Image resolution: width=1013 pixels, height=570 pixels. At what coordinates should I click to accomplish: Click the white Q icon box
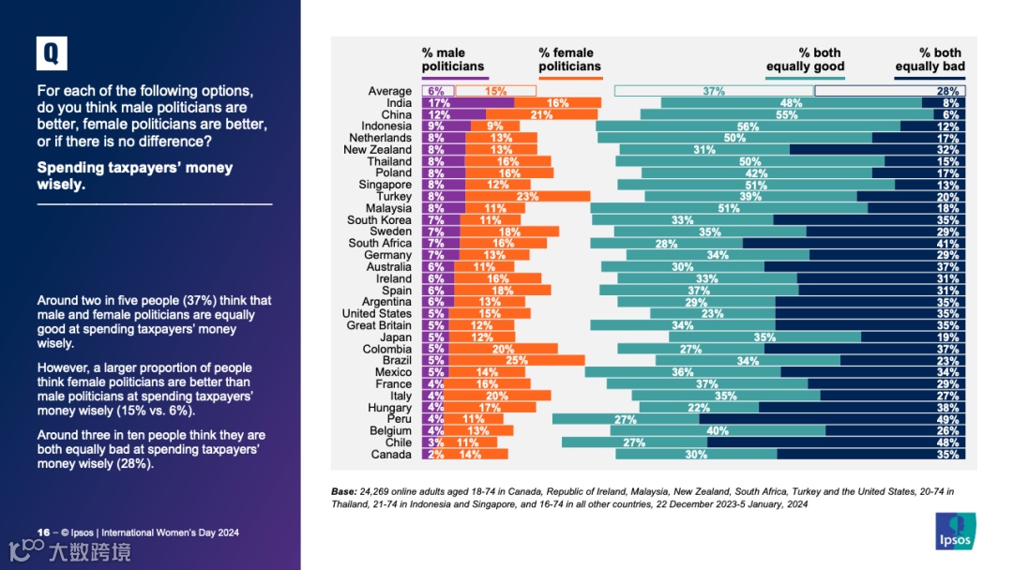tap(52, 54)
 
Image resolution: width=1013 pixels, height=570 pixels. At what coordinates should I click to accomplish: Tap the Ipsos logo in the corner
tap(955, 530)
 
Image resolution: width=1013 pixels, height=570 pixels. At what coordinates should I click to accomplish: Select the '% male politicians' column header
tap(452, 60)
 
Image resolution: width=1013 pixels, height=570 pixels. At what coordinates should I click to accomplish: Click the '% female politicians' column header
tap(569, 60)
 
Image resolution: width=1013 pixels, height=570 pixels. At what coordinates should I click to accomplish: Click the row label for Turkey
tap(394, 197)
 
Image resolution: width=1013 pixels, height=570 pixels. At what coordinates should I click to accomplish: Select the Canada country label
tap(391, 455)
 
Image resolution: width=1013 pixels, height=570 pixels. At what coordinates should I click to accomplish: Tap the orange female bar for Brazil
tap(515, 361)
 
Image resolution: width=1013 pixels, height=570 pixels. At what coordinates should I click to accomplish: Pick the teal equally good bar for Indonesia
tap(748, 127)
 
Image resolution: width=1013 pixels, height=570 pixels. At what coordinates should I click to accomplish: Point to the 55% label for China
tap(786, 115)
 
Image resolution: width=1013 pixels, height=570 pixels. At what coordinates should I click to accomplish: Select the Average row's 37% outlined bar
tap(714, 91)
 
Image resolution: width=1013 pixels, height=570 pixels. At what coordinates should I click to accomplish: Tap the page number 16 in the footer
tap(43, 532)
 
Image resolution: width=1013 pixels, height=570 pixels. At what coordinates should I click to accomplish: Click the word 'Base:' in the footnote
tap(344, 491)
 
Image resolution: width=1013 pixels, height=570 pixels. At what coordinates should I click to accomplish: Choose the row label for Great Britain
tap(379, 325)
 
